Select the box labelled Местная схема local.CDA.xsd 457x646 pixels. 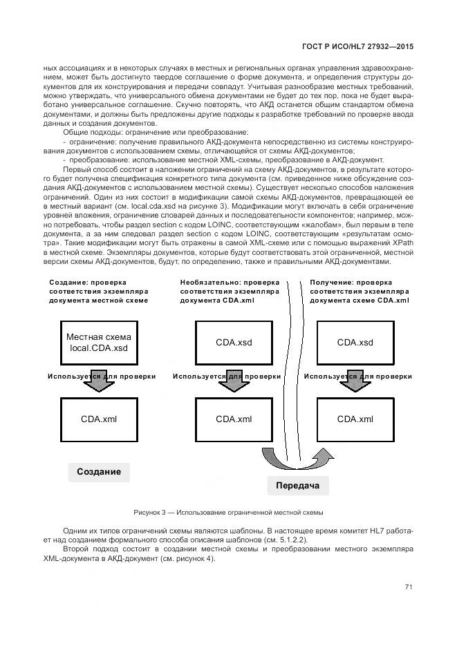[98, 343]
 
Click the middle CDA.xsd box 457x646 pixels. [234, 343]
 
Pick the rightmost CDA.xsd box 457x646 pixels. [355, 343]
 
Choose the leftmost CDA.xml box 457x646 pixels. [98, 419]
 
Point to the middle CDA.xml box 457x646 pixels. [234, 419]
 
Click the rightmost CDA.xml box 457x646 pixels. [355, 419]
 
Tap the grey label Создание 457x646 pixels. [99, 472]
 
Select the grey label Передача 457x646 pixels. [297, 486]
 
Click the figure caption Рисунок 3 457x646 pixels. [228, 513]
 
